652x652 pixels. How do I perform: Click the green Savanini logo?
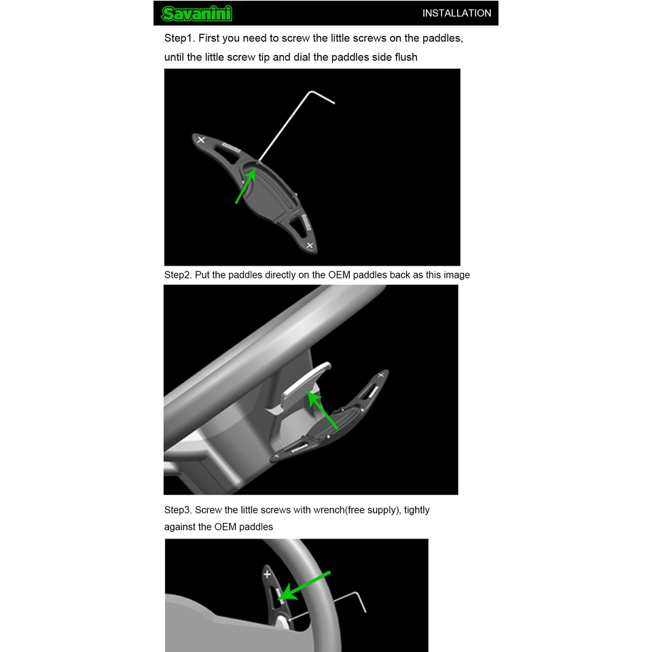[197, 14]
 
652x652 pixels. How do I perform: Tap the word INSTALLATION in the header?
[456, 14]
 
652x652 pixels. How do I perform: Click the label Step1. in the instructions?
[179, 38]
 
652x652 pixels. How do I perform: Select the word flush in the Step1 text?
[406, 57]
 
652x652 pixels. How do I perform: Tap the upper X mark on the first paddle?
[201, 140]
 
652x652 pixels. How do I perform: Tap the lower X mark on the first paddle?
[310, 245]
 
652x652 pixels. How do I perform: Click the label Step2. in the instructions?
[178, 275]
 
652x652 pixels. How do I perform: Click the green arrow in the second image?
[322, 410]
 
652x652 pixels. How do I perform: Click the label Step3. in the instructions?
[178, 510]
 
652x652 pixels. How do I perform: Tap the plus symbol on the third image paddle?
[268, 575]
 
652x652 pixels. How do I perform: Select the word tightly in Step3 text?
[416, 510]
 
